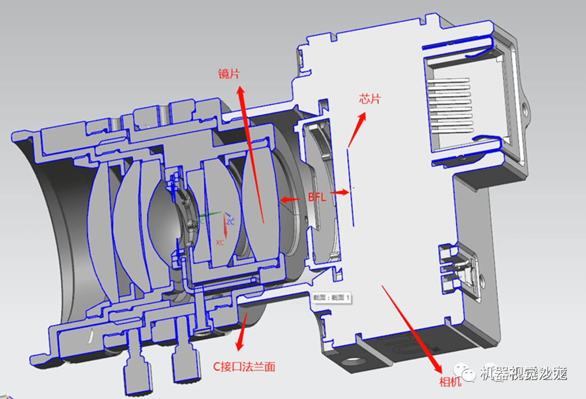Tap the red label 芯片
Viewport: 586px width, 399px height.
coord(370,99)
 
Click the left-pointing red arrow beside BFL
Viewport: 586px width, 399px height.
coord(291,198)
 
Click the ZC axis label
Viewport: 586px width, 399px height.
coord(230,221)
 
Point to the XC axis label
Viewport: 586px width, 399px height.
coord(220,242)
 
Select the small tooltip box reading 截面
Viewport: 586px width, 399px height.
coord(331,298)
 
